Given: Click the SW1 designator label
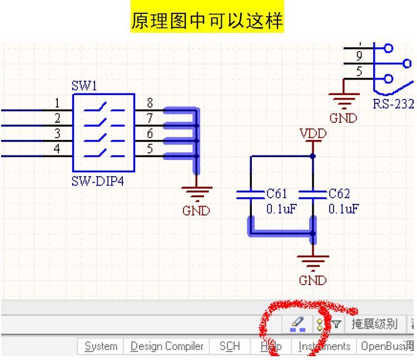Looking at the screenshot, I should point(84,86).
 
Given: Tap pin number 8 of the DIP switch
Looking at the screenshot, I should point(150,103).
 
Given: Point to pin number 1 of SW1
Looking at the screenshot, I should point(57,103).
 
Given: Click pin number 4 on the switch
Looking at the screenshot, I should point(57,149).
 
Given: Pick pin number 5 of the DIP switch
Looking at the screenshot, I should point(150,149).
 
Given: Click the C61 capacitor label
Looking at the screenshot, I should point(276,194).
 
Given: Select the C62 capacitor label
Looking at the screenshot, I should point(339,194).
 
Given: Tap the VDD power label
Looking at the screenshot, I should point(312,134).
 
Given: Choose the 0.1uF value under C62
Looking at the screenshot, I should point(343,209).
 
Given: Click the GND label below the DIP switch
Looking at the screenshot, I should point(196,211).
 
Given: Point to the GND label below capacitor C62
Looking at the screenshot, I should point(312,281).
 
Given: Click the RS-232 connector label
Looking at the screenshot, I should point(393,104).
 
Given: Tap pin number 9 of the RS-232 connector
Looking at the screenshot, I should point(359,56).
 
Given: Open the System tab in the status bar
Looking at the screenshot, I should point(101,346).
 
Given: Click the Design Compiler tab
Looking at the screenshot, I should point(167,346).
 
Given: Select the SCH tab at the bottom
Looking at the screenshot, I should point(229,346).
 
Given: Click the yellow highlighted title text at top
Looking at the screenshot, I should point(207,21).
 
